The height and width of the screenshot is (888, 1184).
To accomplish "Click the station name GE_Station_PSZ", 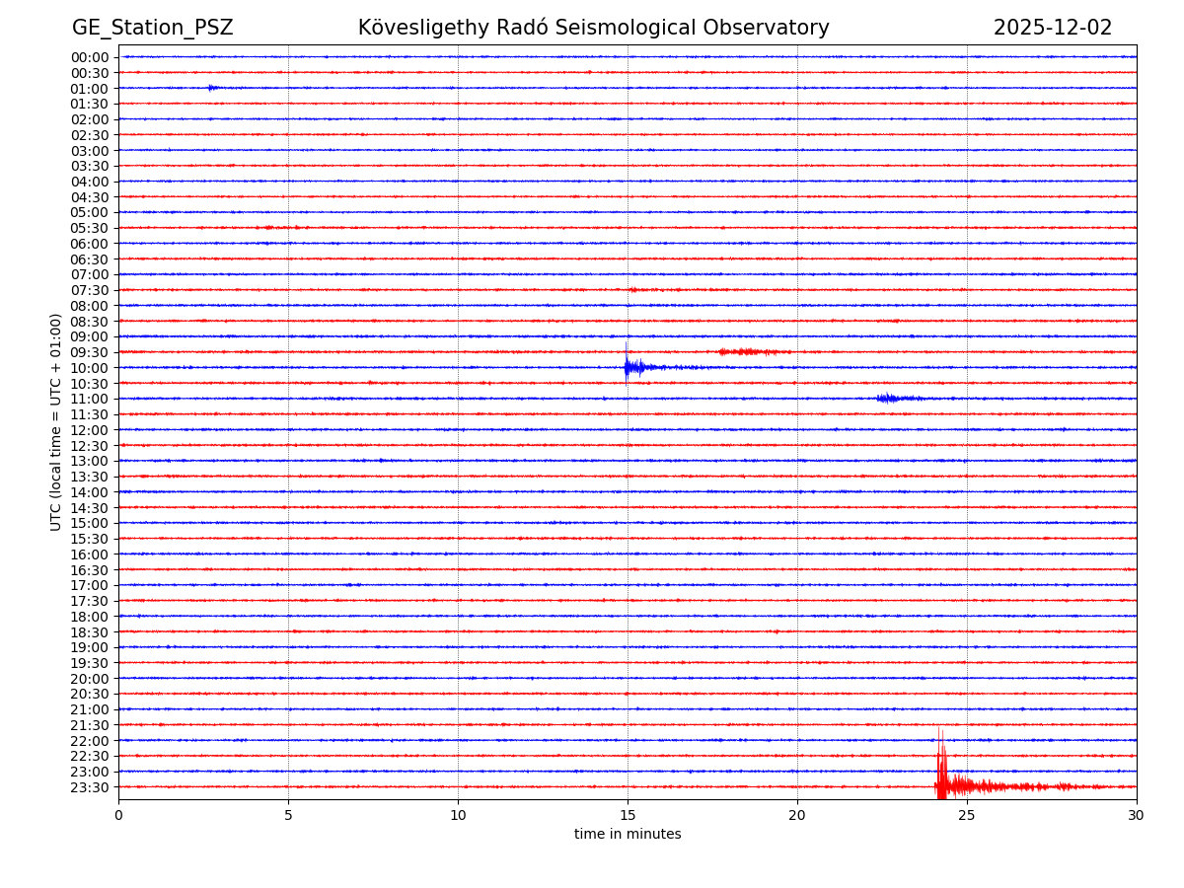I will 152,28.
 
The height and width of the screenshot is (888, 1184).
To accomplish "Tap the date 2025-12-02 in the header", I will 1052,28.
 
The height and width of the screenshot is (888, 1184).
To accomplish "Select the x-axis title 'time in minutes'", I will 628,835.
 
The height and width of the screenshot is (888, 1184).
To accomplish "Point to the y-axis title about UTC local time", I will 56,421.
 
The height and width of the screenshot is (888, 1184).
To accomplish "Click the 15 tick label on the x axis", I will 628,816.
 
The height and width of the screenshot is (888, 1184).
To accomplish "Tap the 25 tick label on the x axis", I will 967,816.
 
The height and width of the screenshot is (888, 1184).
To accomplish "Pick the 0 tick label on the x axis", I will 118,816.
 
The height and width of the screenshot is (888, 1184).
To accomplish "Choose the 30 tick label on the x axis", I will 1137,816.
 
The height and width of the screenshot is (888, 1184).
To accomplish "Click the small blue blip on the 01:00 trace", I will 212,88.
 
